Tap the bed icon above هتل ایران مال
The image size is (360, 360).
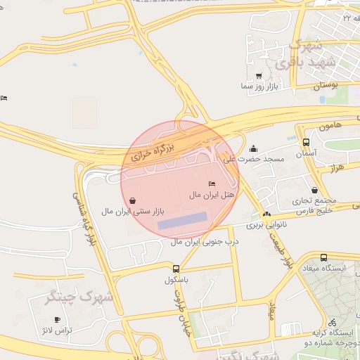(x=212, y=184)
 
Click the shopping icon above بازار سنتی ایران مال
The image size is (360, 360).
(x=133, y=200)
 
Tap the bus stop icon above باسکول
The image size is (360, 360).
(x=176, y=268)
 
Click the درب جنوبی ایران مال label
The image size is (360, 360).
(x=205, y=241)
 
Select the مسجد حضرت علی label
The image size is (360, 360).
(x=254, y=159)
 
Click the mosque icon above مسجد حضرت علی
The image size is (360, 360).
(x=253, y=148)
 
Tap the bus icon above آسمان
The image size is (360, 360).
(x=305, y=141)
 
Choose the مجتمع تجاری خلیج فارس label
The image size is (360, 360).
(x=314, y=205)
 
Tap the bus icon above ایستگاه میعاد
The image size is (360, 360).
(x=323, y=258)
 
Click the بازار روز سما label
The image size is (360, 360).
(x=259, y=86)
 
